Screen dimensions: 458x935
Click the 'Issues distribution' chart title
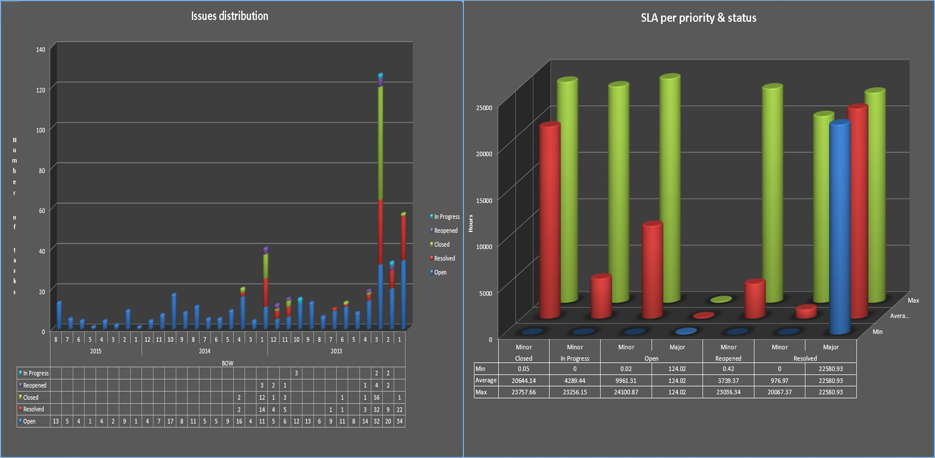pyautogui.click(x=230, y=16)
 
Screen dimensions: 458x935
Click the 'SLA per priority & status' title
pyautogui.click(x=698, y=18)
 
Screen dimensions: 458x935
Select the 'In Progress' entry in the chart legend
pyautogui.click(x=446, y=217)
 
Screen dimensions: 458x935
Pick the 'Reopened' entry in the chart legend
pyautogui.click(x=445, y=231)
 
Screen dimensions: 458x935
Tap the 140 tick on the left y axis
pyautogui.click(x=41, y=49)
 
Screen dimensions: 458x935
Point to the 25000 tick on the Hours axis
pyautogui.click(x=484, y=108)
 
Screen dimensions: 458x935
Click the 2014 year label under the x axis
pyautogui.click(x=204, y=351)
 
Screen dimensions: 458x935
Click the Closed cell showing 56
pyautogui.click(x=377, y=397)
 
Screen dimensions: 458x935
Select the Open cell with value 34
pyautogui.click(x=399, y=421)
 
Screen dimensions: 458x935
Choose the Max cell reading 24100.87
pyautogui.click(x=626, y=392)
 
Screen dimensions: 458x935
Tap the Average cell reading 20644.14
pyautogui.click(x=523, y=381)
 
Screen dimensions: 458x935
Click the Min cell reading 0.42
pyautogui.click(x=728, y=369)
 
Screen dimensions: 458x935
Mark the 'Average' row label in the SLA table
pyautogui.click(x=486, y=381)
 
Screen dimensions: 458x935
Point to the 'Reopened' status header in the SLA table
pyautogui.click(x=728, y=358)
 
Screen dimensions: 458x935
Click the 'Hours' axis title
pyautogui.click(x=471, y=223)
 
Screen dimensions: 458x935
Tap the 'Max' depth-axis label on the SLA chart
pyautogui.click(x=913, y=300)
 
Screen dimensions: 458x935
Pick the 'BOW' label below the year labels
pyautogui.click(x=228, y=363)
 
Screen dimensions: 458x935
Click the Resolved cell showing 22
pyautogui.click(x=399, y=409)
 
